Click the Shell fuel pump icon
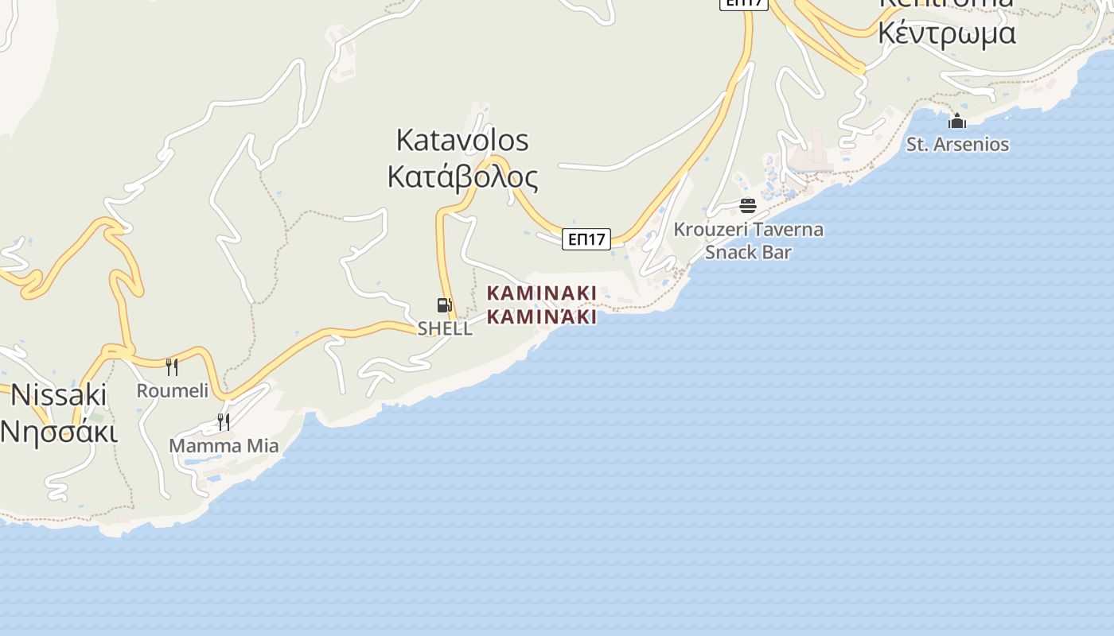(x=444, y=304)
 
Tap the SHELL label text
(x=445, y=328)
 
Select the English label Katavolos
(x=462, y=140)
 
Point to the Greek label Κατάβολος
(x=462, y=176)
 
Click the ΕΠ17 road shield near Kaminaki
(x=586, y=238)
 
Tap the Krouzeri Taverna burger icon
(x=747, y=206)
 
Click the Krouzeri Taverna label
(x=748, y=230)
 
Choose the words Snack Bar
(x=748, y=252)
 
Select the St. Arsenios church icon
(x=956, y=121)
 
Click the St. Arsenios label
(x=957, y=145)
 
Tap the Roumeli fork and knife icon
(x=171, y=366)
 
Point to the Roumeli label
(x=172, y=390)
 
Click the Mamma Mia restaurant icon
(x=224, y=421)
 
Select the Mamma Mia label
(x=224, y=445)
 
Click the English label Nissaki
(x=59, y=394)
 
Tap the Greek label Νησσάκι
(x=59, y=431)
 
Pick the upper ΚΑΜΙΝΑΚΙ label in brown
(x=541, y=293)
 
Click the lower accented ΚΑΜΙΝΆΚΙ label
(x=541, y=316)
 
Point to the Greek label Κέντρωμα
(x=946, y=33)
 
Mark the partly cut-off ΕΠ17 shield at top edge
(x=743, y=4)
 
